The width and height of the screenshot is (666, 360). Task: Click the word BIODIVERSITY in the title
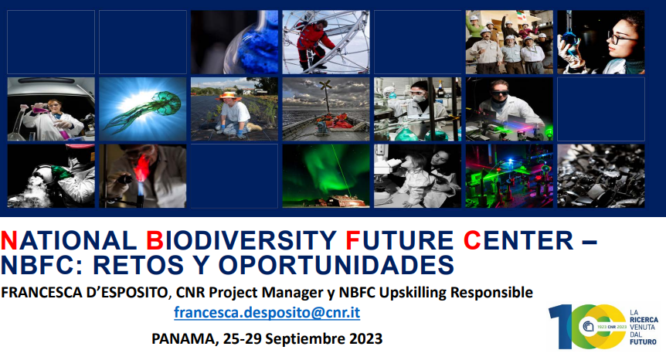pyautogui.click(x=241, y=240)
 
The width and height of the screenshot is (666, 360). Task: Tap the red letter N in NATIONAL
pyautogui.click(x=9, y=240)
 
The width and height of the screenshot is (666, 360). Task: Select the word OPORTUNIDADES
pyautogui.click(x=336, y=265)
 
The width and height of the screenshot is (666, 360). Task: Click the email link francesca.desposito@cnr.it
pyautogui.click(x=267, y=312)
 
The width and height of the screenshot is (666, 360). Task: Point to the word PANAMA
pyautogui.click(x=185, y=338)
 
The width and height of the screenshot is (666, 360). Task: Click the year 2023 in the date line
pyautogui.click(x=365, y=338)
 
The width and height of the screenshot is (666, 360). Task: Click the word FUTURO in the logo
pyautogui.click(x=643, y=341)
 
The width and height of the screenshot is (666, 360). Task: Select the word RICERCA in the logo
pyautogui.click(x=644, y=320)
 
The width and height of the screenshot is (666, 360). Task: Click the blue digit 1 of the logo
pyautogui.click(x=560, y=326)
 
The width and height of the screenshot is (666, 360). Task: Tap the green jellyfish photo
pyautogui.click(x=143, y=109)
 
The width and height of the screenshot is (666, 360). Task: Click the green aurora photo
pyautogui.click(x=326, y=176)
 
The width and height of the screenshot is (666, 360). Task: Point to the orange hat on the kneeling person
pyautogui.click(x=228, y=96)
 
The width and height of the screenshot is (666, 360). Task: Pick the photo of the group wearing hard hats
pyautogui.click(x=509, y=42)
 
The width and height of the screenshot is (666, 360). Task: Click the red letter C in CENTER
pyautogui.click(x=472, y=240)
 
